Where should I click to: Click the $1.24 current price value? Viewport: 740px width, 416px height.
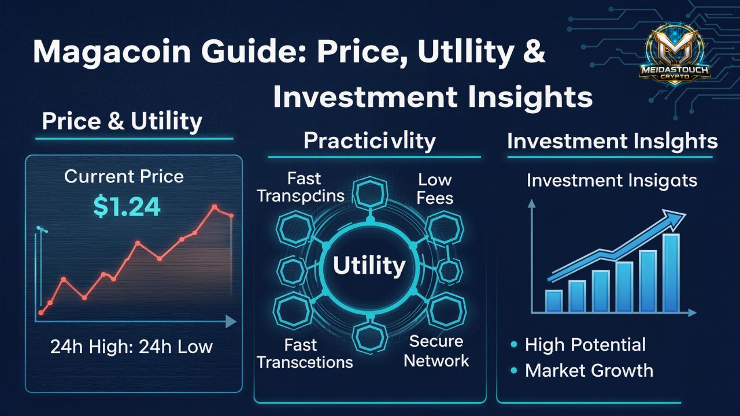point(127,206)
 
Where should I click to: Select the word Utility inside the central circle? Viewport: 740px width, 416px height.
point(369,266)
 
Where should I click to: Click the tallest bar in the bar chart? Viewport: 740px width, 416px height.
point(671,273)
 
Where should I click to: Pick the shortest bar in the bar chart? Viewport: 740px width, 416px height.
point(554,300)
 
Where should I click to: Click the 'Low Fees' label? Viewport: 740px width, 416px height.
point(435,189)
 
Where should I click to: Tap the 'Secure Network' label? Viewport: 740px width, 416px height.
point(436,351)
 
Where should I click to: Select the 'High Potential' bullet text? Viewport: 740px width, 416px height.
point(585,345)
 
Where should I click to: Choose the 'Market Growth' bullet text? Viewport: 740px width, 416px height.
point(589,370)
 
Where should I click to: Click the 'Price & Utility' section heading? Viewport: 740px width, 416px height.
point(122,121)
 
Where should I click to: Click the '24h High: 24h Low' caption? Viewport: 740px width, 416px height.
point(131,347)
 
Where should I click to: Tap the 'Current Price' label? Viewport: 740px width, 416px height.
point(124,176)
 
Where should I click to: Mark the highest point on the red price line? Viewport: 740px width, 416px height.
point(215,206)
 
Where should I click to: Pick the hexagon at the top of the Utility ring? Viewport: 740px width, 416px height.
point(369,193)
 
